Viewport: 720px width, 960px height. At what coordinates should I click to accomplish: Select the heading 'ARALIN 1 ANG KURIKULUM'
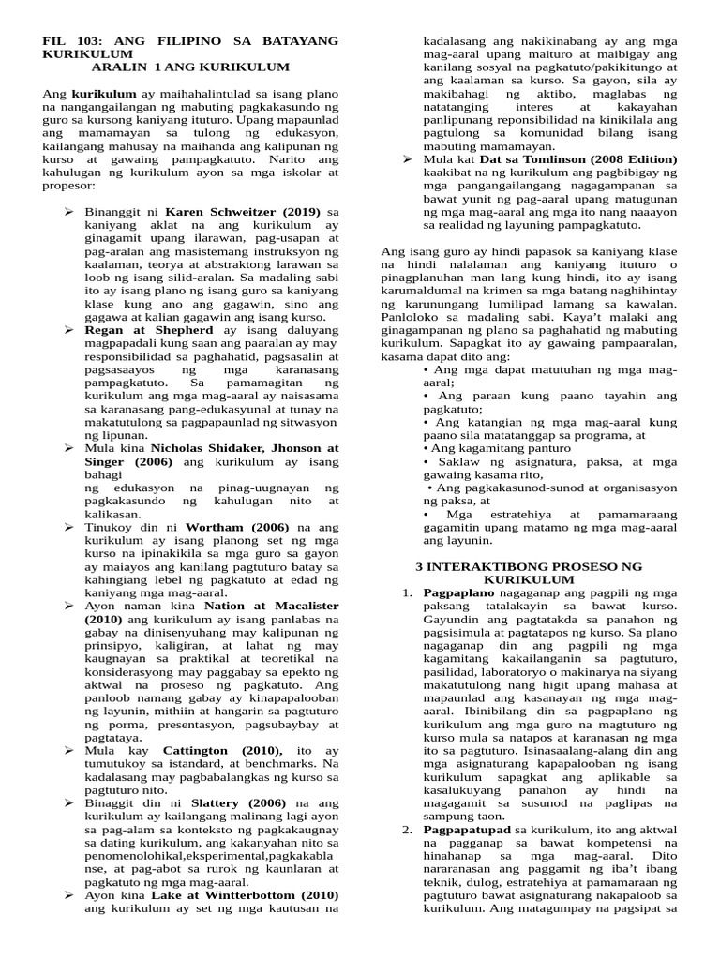(x=190, y=67)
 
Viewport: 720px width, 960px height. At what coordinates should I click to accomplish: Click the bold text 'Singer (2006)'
(x=131, y=462)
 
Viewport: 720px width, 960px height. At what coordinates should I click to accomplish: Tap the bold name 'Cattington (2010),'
(x=222, y=751)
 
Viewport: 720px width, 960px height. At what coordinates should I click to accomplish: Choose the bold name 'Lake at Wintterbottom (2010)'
(x=245, y=895)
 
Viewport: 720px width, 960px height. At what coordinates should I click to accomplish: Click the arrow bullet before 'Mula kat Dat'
(x=408, y=159)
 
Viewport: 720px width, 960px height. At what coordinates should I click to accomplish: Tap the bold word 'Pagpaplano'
(x=458, y=593)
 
